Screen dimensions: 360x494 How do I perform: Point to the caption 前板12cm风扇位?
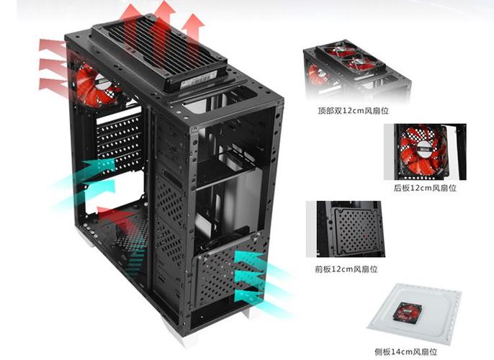(347, 269)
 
